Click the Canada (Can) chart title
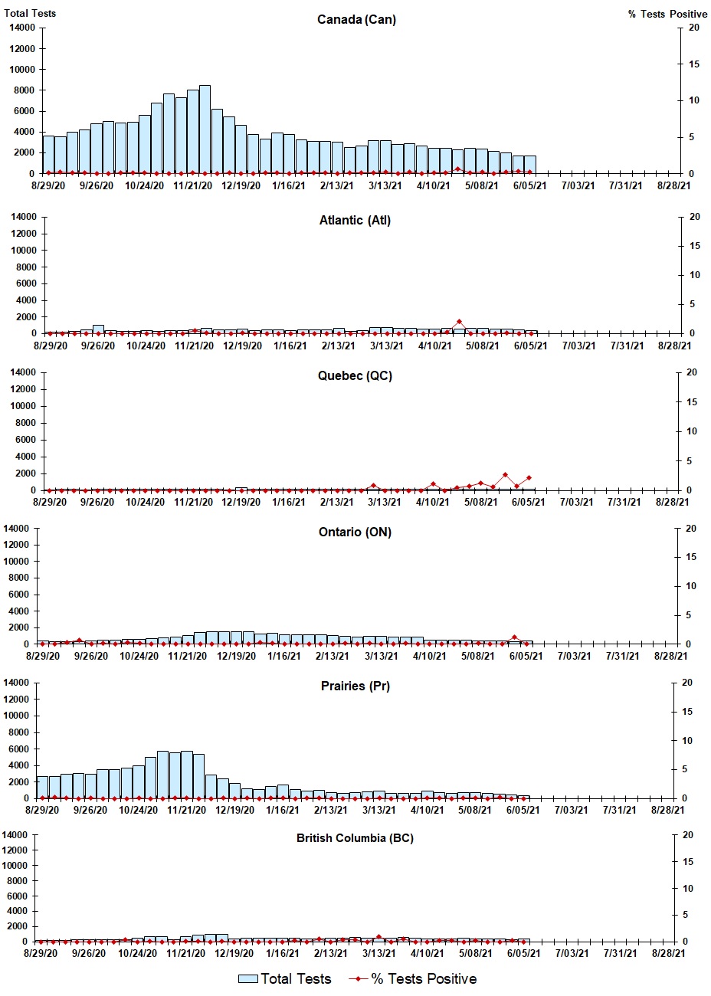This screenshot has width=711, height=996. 356,19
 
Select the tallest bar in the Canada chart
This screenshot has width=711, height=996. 205,129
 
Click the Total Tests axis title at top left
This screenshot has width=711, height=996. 30,13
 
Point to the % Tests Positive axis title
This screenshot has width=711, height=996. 667,14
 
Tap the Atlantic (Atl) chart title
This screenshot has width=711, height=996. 355,221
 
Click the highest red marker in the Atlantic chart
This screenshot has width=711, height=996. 459,322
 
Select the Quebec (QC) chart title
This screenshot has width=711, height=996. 355,375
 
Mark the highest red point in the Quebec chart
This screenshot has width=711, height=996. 505,475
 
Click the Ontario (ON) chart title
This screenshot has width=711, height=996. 355,532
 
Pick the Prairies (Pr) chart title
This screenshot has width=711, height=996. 355,686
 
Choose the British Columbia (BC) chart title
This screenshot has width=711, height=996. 355,838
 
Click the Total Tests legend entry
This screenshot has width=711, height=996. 285,979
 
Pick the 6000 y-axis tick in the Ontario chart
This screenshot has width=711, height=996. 20,595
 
